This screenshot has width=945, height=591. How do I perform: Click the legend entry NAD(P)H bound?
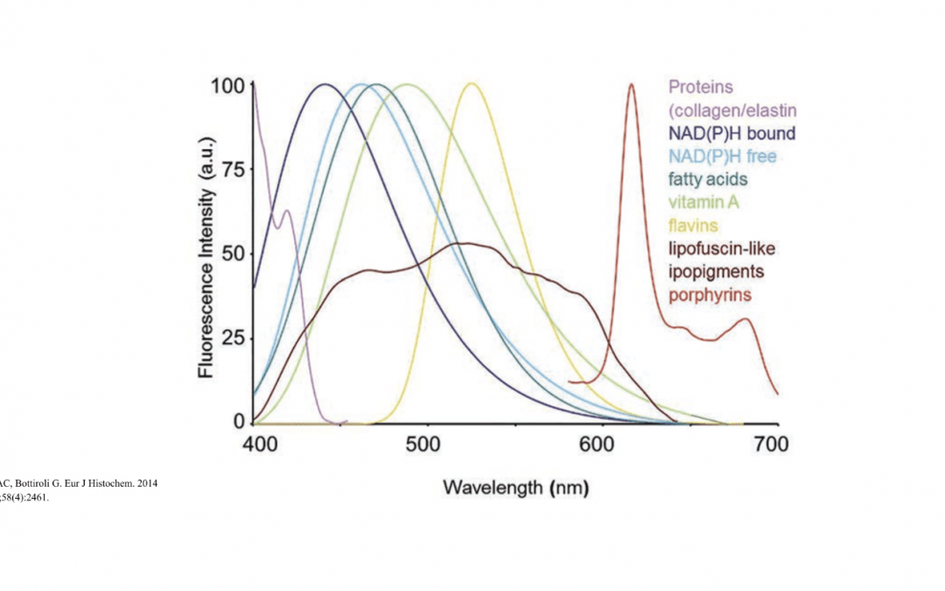(731, 134)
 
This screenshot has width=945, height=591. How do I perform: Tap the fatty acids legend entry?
(708, 179)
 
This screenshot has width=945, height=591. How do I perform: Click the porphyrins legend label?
(710, 295)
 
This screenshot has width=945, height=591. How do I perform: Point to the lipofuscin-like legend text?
(722, 249)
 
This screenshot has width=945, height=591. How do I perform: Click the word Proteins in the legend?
(700, 88)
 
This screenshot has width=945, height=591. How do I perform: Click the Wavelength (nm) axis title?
(516, 487)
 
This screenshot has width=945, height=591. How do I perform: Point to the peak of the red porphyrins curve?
(631, 85)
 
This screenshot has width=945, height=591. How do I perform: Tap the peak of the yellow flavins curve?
(471, 84)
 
